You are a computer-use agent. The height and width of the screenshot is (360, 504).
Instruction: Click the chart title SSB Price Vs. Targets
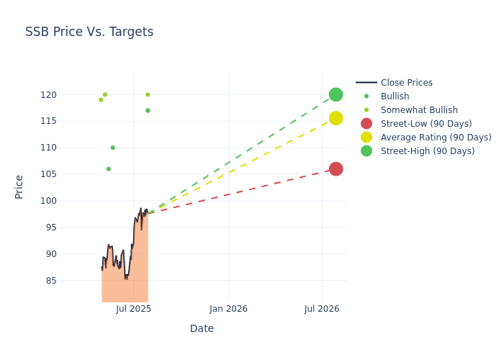coord(89,32)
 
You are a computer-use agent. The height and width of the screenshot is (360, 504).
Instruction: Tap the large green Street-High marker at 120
coord(336,94)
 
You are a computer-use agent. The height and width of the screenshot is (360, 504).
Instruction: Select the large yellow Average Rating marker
coord(336,118)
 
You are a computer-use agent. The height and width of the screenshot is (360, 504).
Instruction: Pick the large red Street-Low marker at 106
coord(336,169)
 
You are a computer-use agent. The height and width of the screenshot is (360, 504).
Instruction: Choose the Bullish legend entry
coord(395,96)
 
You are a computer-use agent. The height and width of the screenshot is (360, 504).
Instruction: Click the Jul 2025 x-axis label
coord(133,309)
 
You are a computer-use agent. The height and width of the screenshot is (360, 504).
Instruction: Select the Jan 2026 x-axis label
coord(228,309)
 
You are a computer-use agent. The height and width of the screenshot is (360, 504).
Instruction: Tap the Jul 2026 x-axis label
coord(322,309)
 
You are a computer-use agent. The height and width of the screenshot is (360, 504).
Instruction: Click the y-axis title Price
coord(19,186)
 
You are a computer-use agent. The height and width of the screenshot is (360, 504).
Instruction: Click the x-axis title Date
coord(202,328)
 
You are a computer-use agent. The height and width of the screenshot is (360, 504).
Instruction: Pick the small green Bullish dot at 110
coord(112,148)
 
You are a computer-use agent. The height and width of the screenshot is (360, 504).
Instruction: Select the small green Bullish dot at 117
coord(148,110)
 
